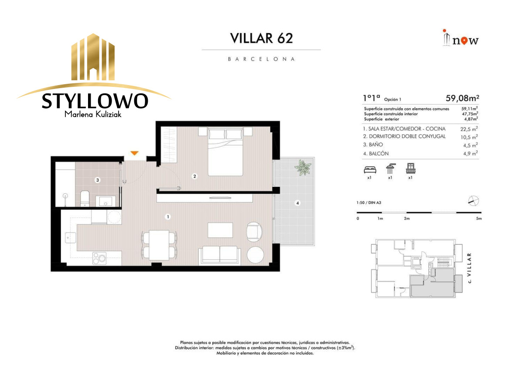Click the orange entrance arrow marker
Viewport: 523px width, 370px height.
tap(134, 153)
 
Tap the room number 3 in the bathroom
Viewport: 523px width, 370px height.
tap(98, 180)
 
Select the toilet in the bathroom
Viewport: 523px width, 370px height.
tap(85, 199)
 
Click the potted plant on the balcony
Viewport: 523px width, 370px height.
tap(303, 168)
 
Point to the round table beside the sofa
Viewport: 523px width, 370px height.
tap(255, 255)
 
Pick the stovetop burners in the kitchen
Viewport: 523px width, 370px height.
tap(99, 258)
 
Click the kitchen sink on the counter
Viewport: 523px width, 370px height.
tap(71, 238)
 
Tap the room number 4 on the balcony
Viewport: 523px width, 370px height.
tap(297, 203)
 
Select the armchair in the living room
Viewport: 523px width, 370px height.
tap(254, 232)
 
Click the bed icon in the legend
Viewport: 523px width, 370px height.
tap(370, 169)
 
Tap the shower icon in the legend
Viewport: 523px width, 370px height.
tap(391, 168)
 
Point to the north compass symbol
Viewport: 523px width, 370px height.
tap(473, 201)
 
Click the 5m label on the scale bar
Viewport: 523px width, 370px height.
tap(479, 219)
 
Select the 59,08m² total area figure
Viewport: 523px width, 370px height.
tap(462, 98)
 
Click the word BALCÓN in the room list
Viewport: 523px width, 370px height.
tap(379, 154)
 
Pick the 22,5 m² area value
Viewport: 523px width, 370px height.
tap(469, 129)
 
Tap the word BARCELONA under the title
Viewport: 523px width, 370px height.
tap(261, 59)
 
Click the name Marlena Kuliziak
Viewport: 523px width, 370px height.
tap(93, 114)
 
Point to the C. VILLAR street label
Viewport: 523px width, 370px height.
tap(469, 268)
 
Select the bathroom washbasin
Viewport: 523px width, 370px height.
tap(105, 201)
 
